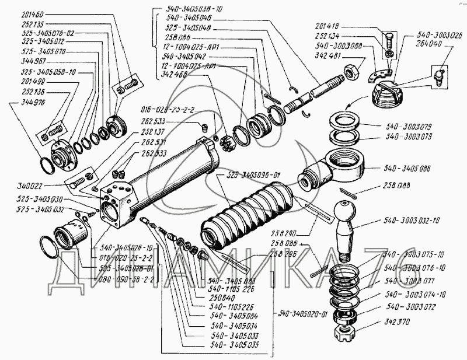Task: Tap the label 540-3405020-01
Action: click(310, 310)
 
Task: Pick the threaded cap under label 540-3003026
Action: click(387, 96)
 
